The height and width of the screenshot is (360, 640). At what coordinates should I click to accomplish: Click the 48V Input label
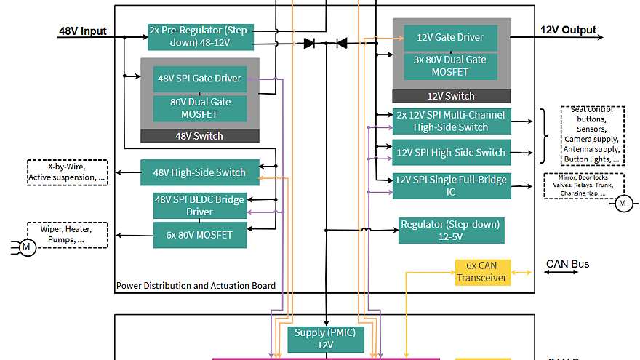click(82, 31)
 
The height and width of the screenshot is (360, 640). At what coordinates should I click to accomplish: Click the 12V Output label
click(568, 31)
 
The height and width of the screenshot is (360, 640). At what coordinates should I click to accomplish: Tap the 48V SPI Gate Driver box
click(199, 79)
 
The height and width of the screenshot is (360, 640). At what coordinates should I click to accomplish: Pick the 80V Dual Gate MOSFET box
click(199, 108)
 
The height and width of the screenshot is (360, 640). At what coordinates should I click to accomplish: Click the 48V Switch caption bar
click(199, 136)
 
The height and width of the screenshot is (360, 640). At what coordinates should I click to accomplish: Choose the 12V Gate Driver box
click(450, 38)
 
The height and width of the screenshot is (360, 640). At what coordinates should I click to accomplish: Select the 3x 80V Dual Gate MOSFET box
click(450, 66)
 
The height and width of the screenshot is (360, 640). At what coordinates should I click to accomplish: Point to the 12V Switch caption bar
click(450, 96)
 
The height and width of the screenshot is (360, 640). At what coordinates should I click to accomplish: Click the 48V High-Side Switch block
click(199, 173)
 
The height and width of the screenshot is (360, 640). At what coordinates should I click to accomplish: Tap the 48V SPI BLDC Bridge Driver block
click(199, 206)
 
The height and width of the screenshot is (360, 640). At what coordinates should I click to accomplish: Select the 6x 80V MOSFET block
click(199, 236)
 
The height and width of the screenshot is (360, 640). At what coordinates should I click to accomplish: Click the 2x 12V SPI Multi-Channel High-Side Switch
click(452, 121)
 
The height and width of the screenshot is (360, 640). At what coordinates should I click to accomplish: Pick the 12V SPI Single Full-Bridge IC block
click(452, 185)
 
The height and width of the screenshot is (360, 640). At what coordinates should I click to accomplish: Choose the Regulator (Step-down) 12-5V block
click(451, 230)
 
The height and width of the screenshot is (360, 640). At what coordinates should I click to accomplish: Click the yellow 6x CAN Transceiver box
click(483, 271)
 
